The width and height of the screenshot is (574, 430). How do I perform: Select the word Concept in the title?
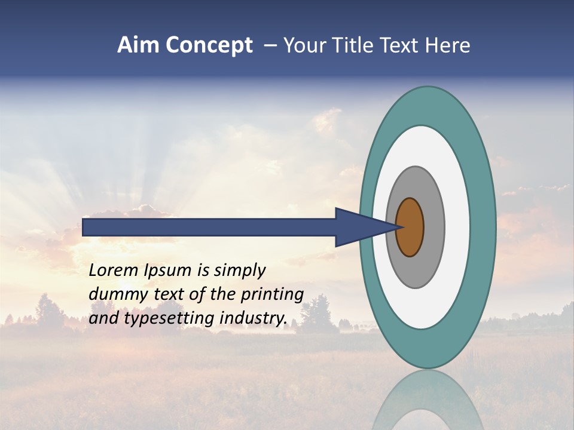pyautogui.click(x=209, y=46)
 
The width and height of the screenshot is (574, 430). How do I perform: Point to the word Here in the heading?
pyautogui.click(x=449, y=45)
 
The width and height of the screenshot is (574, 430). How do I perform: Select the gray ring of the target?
pyautogui.click(x=433, y=227)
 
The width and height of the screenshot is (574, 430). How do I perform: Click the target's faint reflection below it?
pyautogui.click(x=427, y=400)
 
